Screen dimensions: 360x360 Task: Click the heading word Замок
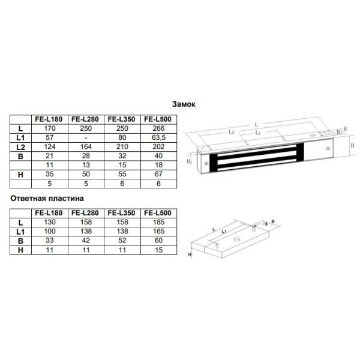(x=184, y=104)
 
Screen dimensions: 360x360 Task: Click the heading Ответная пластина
(x=47, y=199)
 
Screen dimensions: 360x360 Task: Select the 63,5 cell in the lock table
(x=158, y=137)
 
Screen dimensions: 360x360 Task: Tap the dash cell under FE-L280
(x=86, y=138)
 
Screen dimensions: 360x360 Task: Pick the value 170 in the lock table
(x=50, y=128)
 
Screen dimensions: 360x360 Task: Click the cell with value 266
(x=158, y=128)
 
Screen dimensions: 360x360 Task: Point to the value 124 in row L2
(x=50, y=147)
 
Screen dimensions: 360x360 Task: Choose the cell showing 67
(x=158, y=174)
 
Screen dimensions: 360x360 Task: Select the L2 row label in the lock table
(x=20, y=147)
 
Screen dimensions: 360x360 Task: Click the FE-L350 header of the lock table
(x=121, y=119)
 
